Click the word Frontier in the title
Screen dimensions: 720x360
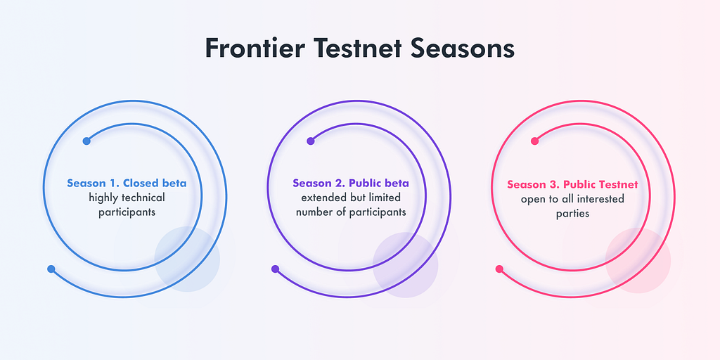click(255, 48)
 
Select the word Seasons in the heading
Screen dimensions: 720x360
click(463, 48)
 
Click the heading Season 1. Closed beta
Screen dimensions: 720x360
click(127, 184)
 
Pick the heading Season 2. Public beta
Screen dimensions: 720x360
click(351, 184)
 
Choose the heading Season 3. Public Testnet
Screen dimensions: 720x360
click(572, 185)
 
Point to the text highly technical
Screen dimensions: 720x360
click(127, 198)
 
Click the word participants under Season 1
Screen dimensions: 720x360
click(127, 213)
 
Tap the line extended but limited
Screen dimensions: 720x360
click(351, 198)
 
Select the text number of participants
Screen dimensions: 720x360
click(351, 212)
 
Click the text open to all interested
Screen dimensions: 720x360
click(572, 199)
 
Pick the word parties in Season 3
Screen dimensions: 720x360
click(572, 214)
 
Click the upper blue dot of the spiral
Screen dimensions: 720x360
click(86, 141)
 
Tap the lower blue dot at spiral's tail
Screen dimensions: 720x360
click(51, 269)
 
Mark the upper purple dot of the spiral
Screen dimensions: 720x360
click(310, 141)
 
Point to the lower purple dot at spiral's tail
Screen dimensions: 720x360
click(275, 269)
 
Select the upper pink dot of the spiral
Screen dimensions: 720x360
click(534, 141)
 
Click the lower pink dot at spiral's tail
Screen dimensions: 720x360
click(499, 269)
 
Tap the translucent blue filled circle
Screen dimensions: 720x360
click(187, 259)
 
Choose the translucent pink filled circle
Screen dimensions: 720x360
click(638, 260)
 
